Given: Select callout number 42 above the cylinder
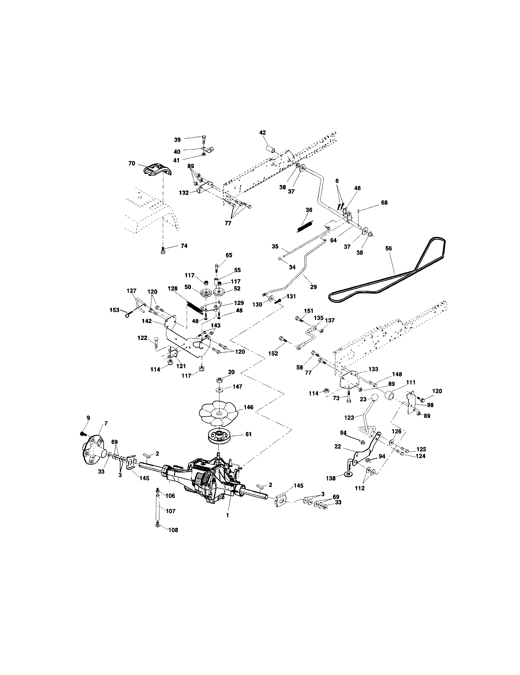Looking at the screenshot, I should [x=262, y=132].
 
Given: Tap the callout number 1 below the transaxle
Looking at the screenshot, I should [x=227, y=515].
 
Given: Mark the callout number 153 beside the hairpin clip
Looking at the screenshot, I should [x=114, y=310].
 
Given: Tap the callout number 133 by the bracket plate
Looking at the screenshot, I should [x=373, y=369].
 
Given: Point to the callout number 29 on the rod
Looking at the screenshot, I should [x=313, y=287].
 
